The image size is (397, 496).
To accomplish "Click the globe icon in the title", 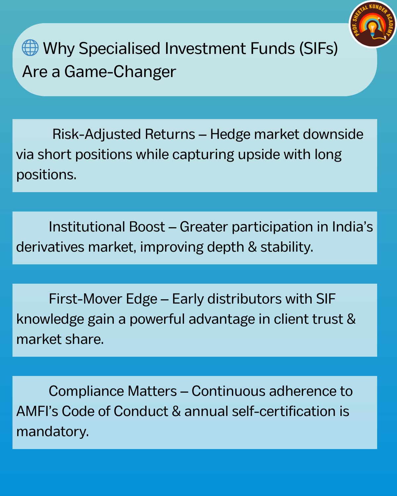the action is coord(30,48).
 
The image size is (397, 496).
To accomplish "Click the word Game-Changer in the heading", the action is coord(120,72).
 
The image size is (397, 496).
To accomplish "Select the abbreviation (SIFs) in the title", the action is coord(318,49).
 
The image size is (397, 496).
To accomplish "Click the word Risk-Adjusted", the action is coord(97,135).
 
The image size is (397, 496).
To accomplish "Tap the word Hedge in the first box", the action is coord(230,135).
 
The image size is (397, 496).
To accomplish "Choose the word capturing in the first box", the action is coord(203,155).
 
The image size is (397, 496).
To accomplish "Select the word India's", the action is coord(352,227).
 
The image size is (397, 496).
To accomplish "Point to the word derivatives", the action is coord(50,247).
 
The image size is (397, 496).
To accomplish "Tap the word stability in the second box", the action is coord(287,247).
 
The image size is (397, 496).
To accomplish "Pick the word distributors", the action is coord(244,299).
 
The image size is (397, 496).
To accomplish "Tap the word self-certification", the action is coord(284,411).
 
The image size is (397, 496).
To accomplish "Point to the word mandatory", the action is coord(52,432).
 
